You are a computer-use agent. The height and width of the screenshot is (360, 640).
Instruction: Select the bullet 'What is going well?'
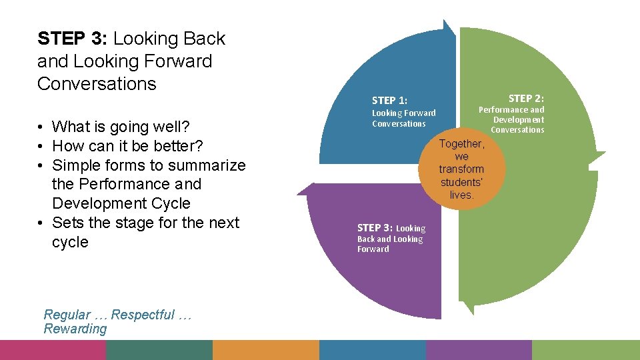[x=120, y=127]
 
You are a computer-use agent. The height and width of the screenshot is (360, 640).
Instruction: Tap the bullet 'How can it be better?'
[x=127, y=146]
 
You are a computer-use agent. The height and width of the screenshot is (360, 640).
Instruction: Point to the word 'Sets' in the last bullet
[x=67, y=223]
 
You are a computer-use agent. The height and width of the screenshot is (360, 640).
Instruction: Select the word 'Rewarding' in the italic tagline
[x=75, y=329]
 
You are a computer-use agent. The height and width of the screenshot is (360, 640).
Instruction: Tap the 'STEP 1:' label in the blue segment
[x=389, y=101]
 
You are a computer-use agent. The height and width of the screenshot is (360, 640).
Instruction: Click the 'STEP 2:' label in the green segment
[x=526, y=98]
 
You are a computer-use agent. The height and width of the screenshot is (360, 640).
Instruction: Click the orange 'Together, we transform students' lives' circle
[x=461, y=169]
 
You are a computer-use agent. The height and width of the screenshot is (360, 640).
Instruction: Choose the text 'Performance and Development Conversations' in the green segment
[x=511, y=119]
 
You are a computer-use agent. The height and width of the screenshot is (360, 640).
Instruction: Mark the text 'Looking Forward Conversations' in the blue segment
[x=403, y=118]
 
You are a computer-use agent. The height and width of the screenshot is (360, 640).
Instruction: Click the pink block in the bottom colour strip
[x=53, y=350]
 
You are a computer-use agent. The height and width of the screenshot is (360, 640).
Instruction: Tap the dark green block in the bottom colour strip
[x=159, y=350]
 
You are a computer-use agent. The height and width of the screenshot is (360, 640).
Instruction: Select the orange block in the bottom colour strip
[x=266, y=350]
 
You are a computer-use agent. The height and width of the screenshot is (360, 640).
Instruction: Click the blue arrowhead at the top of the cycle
[x=449, y=27]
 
